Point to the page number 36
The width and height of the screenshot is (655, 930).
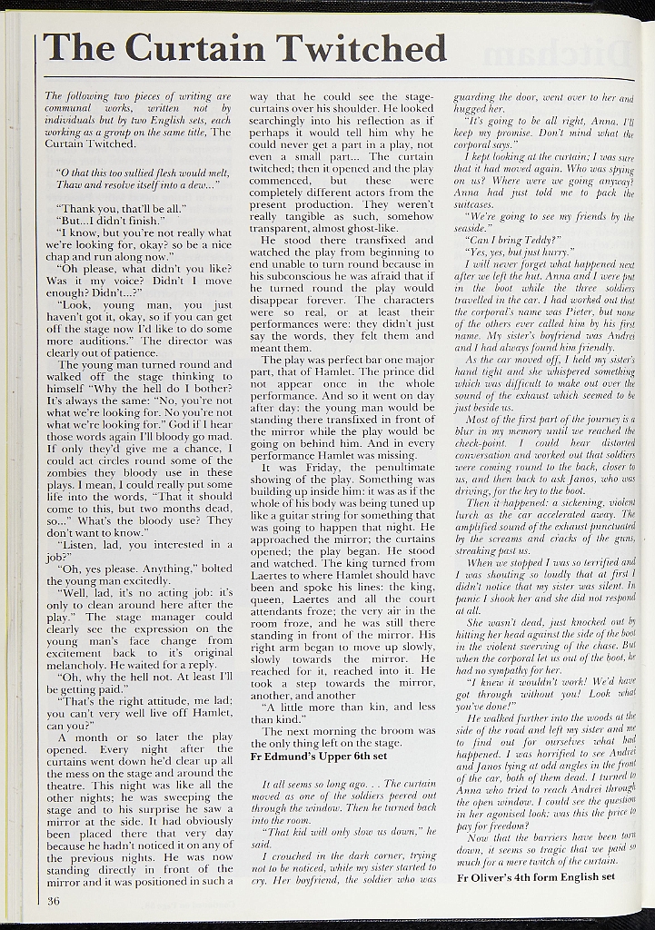pyautogui.click(x=53, y=901)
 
